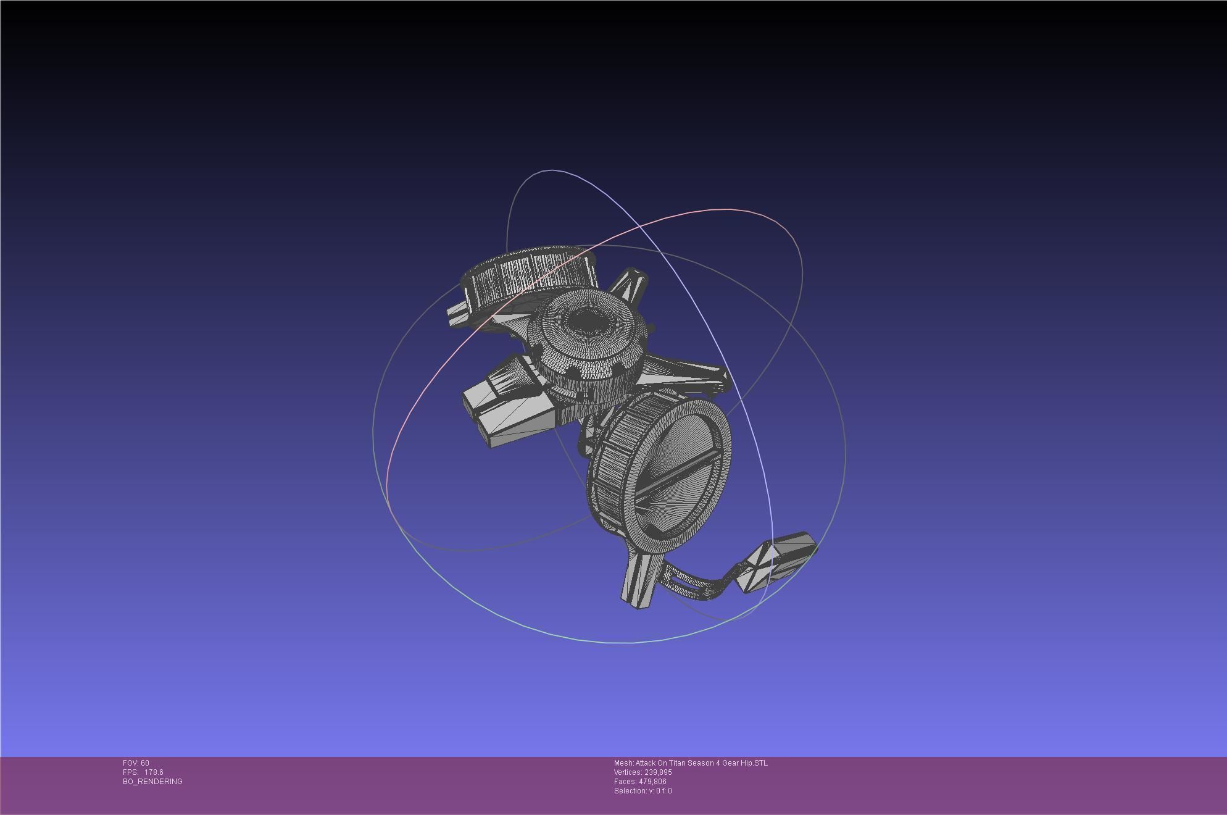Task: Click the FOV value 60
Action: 144,763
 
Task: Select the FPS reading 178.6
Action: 154,772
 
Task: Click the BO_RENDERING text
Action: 152,782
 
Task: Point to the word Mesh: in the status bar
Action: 623,763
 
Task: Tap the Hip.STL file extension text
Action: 755,763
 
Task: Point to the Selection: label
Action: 630,791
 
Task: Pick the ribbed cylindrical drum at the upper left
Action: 525,278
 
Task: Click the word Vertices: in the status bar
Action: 628,772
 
